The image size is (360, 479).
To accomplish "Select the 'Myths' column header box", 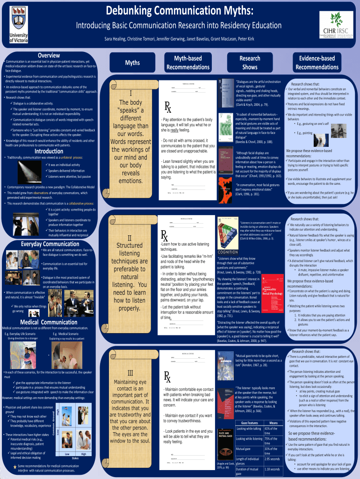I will (132, 63).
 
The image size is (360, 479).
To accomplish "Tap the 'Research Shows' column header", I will (250, 63).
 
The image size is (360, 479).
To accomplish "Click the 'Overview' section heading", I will (49, 55).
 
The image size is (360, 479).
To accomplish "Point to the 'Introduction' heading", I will (49, 152).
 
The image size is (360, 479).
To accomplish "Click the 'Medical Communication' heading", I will (49, 322).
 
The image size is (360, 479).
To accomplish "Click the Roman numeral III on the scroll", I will (130, 372).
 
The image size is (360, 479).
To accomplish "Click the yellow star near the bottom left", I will (15, 466).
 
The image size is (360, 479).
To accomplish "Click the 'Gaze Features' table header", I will (247, 423).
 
